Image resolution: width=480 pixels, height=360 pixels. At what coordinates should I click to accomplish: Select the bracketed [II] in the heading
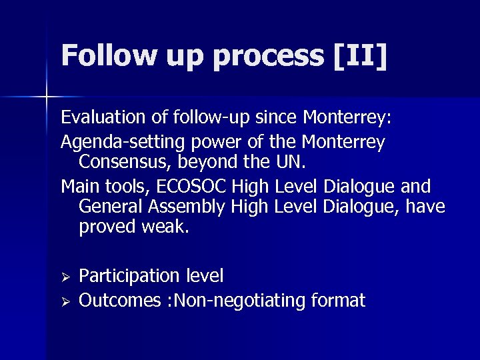click(361, 56)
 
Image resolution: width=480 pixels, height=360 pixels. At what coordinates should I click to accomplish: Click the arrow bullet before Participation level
click(65, 276)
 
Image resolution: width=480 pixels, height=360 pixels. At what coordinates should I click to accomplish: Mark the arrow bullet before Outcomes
click(65, 301)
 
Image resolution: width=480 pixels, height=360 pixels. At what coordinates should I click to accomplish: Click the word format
click(338, 301)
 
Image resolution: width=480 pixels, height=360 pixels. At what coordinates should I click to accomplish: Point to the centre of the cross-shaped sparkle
click(47, 97)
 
